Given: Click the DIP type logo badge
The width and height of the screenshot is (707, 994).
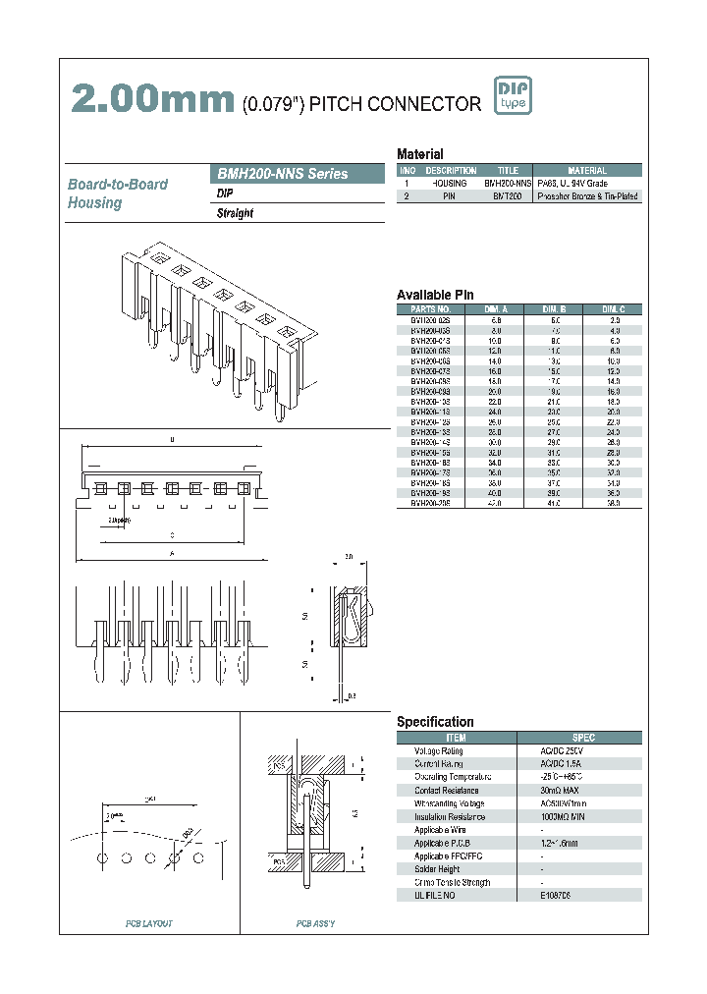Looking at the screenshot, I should click(x=511, y=96).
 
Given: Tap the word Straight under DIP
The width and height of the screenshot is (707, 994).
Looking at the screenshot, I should click(x=235, y=213).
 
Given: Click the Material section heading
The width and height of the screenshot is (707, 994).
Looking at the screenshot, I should click(x=419, y=154).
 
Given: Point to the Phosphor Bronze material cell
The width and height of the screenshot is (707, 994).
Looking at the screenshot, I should click(x=587, y=196).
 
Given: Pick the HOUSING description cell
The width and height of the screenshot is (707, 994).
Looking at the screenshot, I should click(x=450, y=184).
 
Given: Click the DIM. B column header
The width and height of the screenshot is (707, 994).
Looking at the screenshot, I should click(x=555, y=308).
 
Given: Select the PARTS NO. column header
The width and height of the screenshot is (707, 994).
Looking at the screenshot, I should click(x=430, y=308).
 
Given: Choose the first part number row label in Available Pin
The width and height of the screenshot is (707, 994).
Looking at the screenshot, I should click(x=430, y=320).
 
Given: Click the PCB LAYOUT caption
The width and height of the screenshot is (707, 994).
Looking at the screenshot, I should click(x=148, y=924).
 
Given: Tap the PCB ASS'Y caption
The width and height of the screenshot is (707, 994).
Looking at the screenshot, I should click(x=316, y=924).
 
